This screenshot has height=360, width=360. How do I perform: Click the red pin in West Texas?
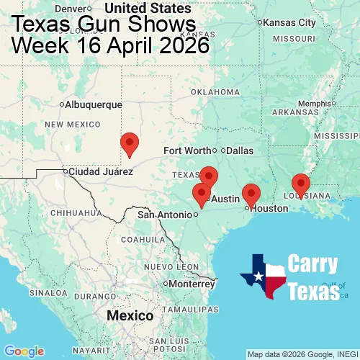(x=130, y=144)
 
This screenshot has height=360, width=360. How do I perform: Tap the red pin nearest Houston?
(x=251, y=194)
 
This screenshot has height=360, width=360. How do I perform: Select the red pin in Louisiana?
(x=300, y=185)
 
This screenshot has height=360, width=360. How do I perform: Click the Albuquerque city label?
(x=93, y=104)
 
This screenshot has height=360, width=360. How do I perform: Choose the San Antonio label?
(x=165, y=215)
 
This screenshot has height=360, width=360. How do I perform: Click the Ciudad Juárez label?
(x=100, y=172)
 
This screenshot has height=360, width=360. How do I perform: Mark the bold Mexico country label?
(x=130, y=316)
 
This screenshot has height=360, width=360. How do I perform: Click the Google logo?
(x=23, y=351)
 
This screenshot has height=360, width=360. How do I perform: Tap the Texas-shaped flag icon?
(x=262, y=276)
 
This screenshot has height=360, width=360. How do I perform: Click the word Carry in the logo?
(x=314, y=264)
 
